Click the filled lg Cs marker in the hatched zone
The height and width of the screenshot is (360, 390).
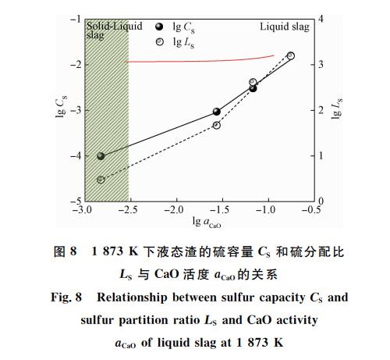pos(101,156)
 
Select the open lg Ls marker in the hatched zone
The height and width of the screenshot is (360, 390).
pos(101,180)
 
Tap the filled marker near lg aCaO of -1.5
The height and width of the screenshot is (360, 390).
pos(217,112)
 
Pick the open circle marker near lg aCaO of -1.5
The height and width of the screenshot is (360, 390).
pos(217,125)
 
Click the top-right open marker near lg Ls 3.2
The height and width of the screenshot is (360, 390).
pos(291,55)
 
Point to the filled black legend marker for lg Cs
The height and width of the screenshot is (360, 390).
pos(159,27)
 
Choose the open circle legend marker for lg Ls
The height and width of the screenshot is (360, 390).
pos(159,42)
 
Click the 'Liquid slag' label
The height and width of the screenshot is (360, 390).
pos(285,27)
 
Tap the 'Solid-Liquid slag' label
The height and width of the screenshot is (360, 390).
pos(114,30)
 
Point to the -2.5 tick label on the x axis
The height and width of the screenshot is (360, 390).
pos(128,210)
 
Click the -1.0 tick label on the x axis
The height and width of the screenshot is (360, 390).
pos(265,210)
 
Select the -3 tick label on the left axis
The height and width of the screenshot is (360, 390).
pos(76,110)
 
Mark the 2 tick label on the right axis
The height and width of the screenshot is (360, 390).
pos(321,110)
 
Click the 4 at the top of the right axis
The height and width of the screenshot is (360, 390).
pos(321,19)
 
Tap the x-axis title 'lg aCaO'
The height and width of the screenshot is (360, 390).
pos(207,222)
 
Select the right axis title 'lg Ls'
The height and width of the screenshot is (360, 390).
pos(337,109)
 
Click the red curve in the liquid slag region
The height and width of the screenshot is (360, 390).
pos(200,61)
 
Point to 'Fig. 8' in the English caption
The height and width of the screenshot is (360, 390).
pos(66,298)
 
